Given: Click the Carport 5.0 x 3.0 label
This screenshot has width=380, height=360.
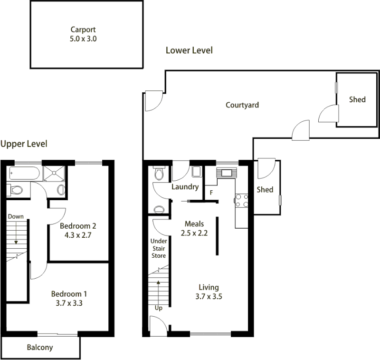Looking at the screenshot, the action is click(x=83, y=34).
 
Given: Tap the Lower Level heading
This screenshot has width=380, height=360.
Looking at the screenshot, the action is click(x=189, y=50).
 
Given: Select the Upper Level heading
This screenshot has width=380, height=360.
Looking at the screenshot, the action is click(x=24, y=144).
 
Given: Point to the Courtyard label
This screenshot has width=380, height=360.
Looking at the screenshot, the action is click(x=242, y=105).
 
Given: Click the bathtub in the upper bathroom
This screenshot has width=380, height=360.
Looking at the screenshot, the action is click(x=25, y=173).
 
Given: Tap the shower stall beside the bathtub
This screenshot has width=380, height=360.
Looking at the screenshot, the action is click(x=54, y=173).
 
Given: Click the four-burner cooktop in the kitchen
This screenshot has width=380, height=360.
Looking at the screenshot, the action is click(x=242, y=201).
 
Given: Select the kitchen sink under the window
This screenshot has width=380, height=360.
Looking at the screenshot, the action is click(x=227, y=173).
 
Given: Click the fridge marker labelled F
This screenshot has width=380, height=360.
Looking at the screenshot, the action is click(x=211, y=193).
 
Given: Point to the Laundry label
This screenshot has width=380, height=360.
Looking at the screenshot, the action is click(x=185, y=187).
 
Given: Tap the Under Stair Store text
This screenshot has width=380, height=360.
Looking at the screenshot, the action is click(x=159, y=248).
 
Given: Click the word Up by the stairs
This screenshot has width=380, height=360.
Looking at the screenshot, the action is click(x=159, y=308).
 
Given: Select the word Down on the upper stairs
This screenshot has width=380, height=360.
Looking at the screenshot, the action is click(x=16, y=216).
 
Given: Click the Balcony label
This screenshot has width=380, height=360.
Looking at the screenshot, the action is click(x=40, y=347).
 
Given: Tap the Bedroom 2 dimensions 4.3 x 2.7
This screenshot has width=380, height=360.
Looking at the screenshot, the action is click(x=78, y=235).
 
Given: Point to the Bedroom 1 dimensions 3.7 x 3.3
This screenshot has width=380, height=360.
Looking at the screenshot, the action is click(x=69, y=303).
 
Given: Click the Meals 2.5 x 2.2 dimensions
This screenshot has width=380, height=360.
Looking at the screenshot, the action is click(x=194, y=233).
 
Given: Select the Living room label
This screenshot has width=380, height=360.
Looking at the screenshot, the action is click(x=209, y=287).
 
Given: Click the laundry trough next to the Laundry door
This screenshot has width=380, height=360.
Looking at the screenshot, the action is click(x=197, y=172).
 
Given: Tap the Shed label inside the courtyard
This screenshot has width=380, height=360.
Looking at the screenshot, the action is click(x=357, y=99).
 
